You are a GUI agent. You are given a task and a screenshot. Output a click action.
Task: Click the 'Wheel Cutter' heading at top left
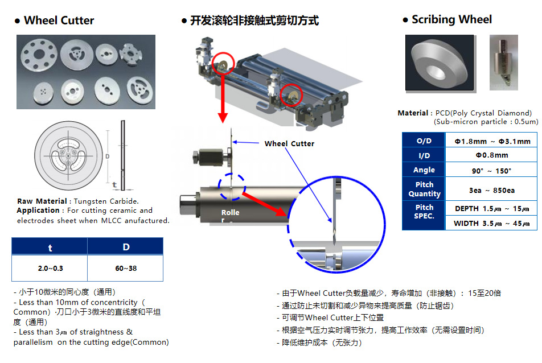(x=59, y=20)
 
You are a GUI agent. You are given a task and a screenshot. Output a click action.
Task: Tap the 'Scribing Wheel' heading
(x=451, y=19)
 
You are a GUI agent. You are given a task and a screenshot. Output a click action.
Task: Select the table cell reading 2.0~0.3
(x=50, y=269)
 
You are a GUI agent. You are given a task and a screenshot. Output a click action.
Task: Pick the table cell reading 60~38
(x=126, y=269)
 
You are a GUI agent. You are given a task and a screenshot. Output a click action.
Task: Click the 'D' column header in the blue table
(x=126, y=247)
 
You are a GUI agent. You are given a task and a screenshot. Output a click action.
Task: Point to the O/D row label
(x=424, y=141)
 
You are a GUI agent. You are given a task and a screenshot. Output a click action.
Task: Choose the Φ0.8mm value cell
(x=491, y=155)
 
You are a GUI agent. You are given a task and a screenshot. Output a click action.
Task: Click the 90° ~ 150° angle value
(x=491, y=171)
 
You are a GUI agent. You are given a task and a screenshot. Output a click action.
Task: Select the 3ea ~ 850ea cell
(x=491, y=190)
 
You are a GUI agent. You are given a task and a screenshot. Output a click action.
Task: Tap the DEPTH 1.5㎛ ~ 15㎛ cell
(x=491, y=209)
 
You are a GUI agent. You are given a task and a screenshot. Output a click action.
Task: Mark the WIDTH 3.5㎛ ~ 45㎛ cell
(x=491, y=224)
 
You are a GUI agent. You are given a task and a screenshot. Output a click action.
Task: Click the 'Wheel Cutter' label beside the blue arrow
(x=289, y=144)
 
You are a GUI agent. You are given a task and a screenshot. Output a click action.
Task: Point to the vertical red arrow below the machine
(x=223, y=97)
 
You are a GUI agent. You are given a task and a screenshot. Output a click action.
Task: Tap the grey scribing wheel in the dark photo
(x=439, y=63)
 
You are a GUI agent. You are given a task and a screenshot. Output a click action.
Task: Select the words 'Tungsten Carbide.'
(x=106, y=201)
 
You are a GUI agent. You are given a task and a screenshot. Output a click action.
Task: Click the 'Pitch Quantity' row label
(x=424, y=189)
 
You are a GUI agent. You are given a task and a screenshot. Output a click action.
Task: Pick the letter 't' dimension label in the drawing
(x=114, y=185)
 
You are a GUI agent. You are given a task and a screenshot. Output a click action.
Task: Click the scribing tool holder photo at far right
(x=504, y=63)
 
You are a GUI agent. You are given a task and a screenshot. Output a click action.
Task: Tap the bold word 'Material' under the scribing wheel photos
(x=413, y=113)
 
